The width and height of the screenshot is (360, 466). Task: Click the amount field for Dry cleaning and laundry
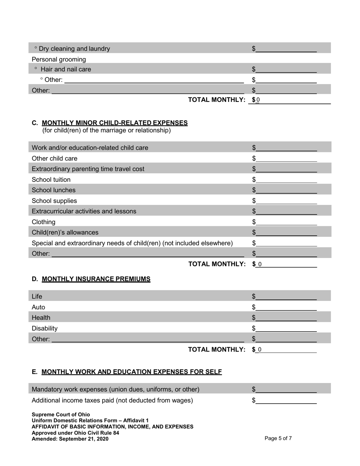[286, 48]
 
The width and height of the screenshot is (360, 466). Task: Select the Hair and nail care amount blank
[286, 69]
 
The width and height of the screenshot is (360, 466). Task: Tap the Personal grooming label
[59, 59]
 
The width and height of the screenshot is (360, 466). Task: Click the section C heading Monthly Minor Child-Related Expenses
[114, 123]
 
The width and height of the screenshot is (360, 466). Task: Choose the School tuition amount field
[286, 180]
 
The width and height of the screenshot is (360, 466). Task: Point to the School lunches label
[53, 190]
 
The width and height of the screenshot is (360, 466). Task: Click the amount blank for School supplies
[286, 201]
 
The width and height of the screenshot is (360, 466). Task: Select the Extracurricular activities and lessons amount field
[286, 211]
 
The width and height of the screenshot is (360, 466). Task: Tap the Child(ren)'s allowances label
[65, 232]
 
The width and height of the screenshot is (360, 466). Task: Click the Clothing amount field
[286, 222]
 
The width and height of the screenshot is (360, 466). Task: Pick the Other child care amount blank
[286, 158]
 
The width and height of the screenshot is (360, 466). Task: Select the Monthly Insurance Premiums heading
[96, 279]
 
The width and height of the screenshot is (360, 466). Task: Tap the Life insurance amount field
[286, 296]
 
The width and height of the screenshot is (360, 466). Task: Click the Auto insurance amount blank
[286, 307]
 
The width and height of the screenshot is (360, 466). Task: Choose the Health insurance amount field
[286, 317]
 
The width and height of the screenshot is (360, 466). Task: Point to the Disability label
[45, 328]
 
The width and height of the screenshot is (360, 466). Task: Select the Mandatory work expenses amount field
[286, 389]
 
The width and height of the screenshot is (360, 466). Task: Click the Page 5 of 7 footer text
[278, 439]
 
